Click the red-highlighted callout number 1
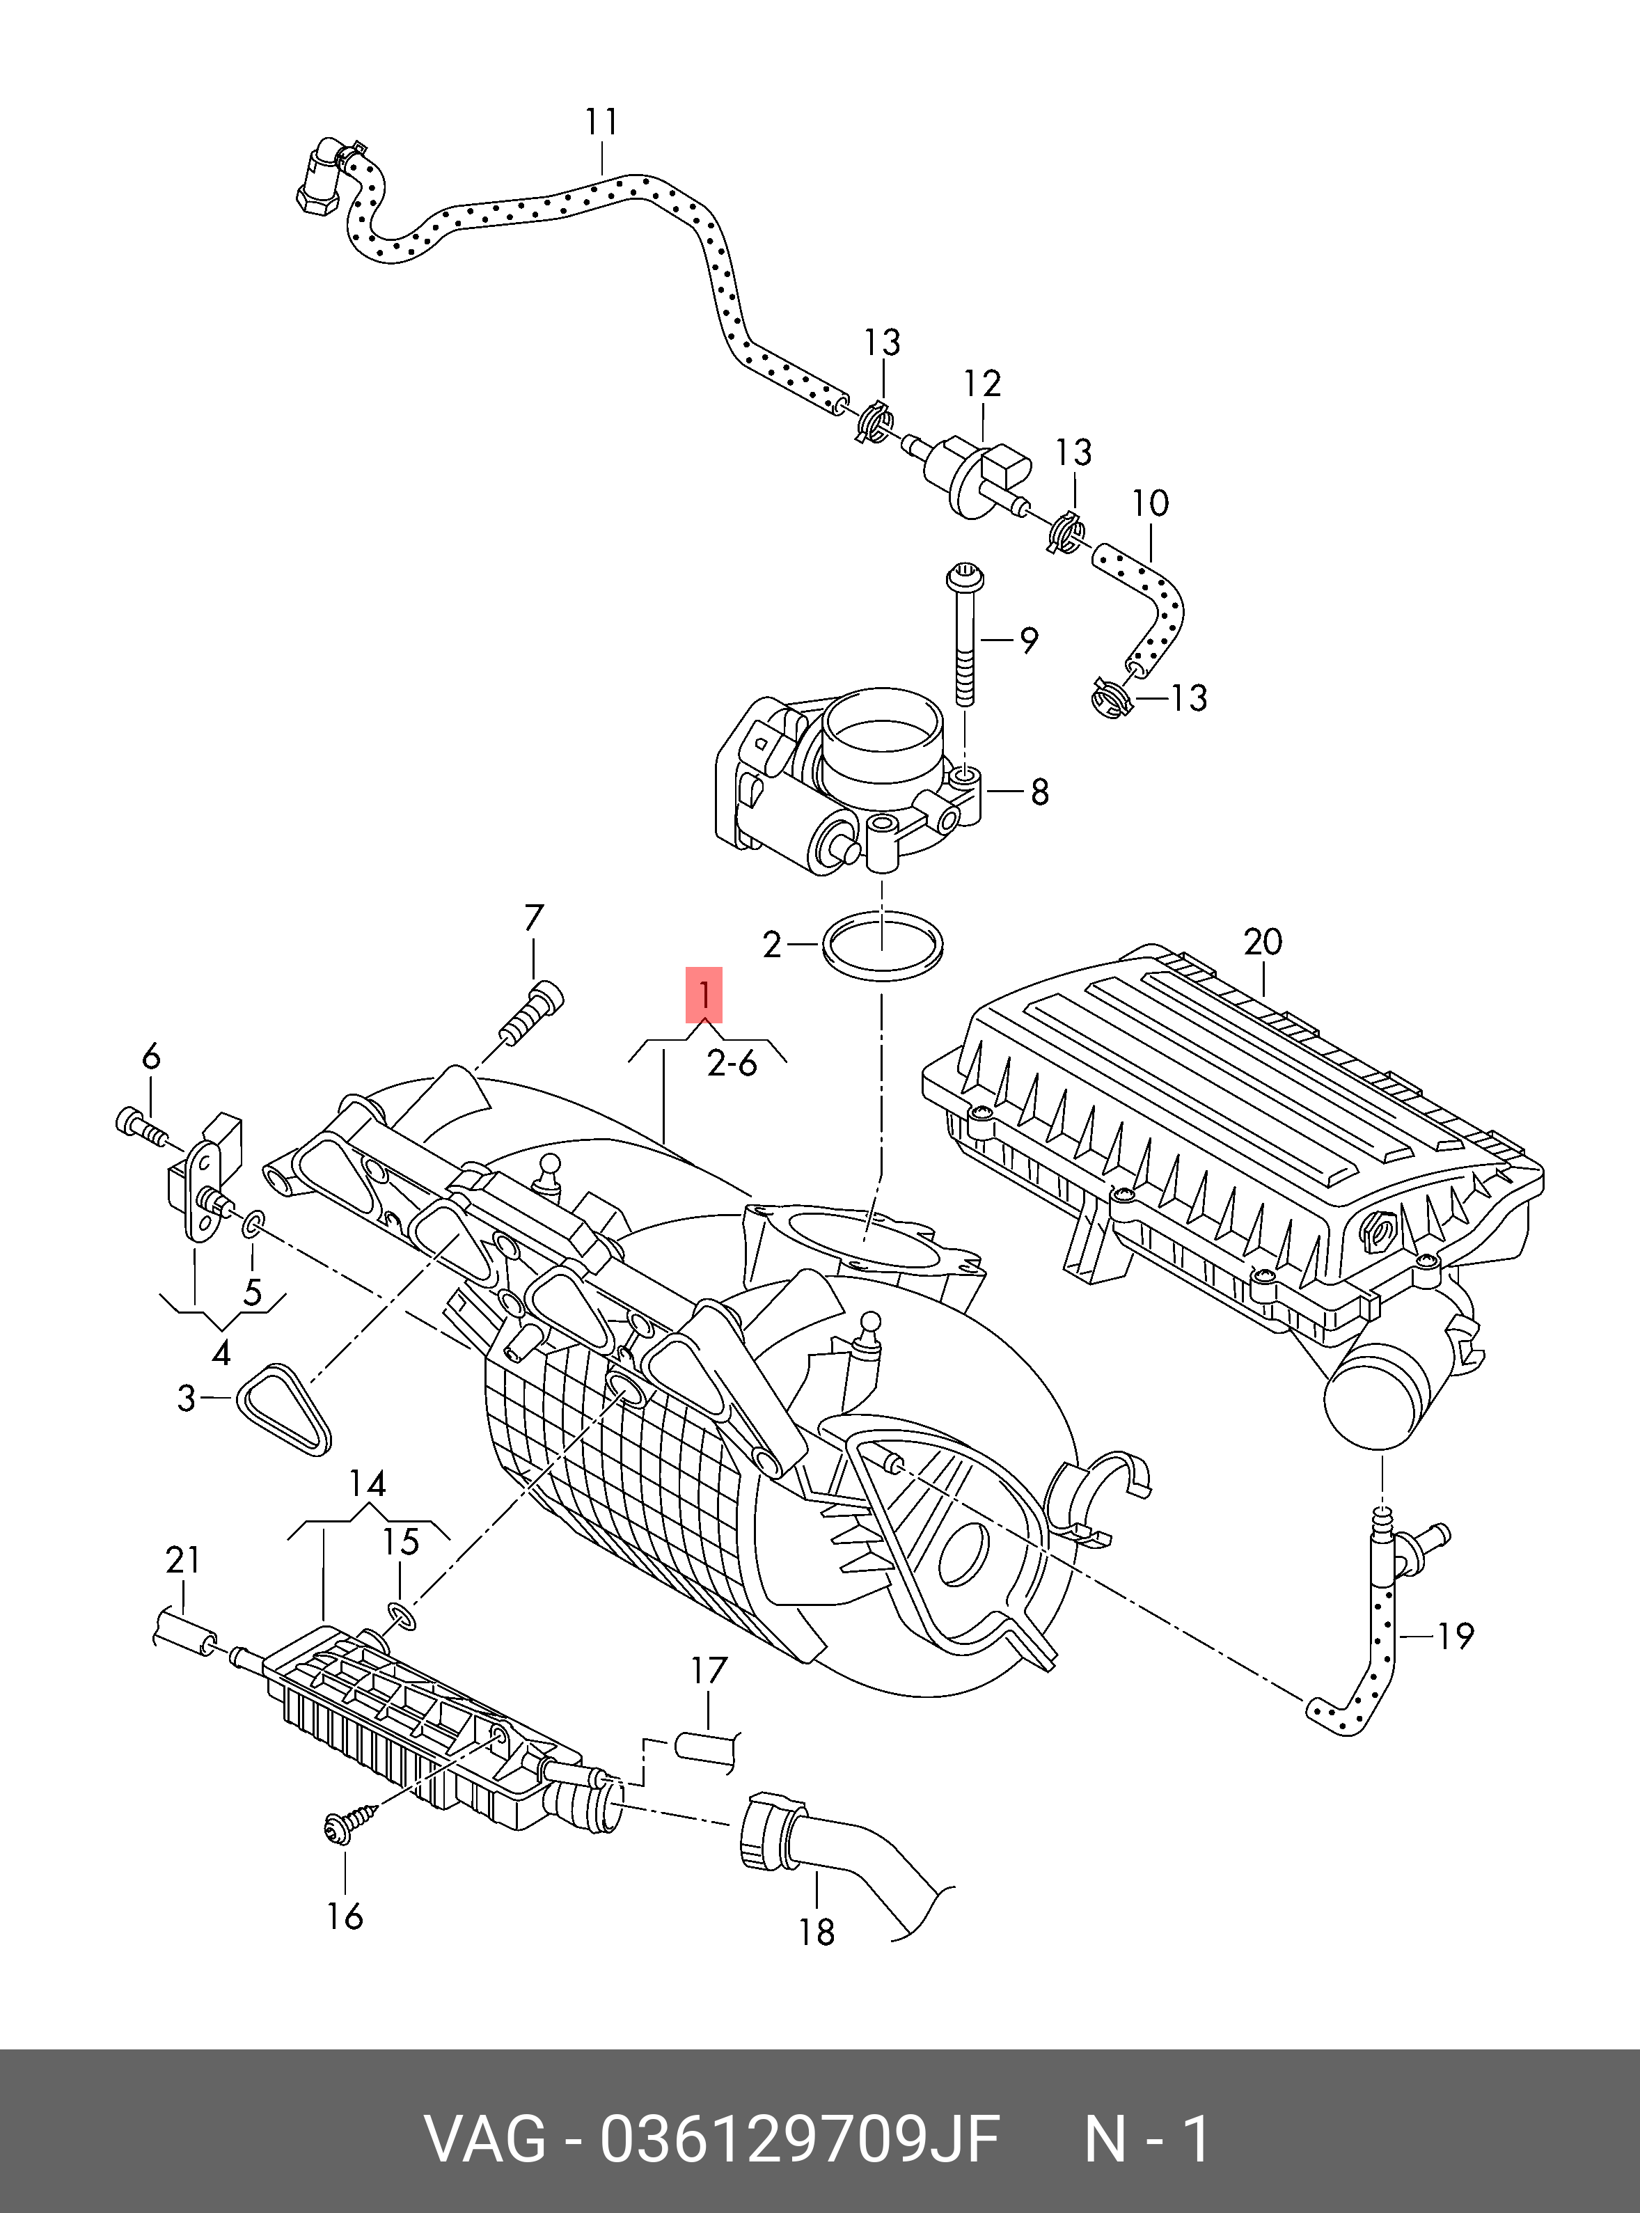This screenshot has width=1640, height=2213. pos(704,994)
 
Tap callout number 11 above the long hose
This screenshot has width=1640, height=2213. pos(601,121)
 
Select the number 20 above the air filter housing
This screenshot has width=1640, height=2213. pos(1263,940)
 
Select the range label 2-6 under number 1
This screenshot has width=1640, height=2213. pos(732,1063)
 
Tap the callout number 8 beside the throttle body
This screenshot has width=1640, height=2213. pos(1039,792)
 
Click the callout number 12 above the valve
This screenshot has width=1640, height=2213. pos(981,384)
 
